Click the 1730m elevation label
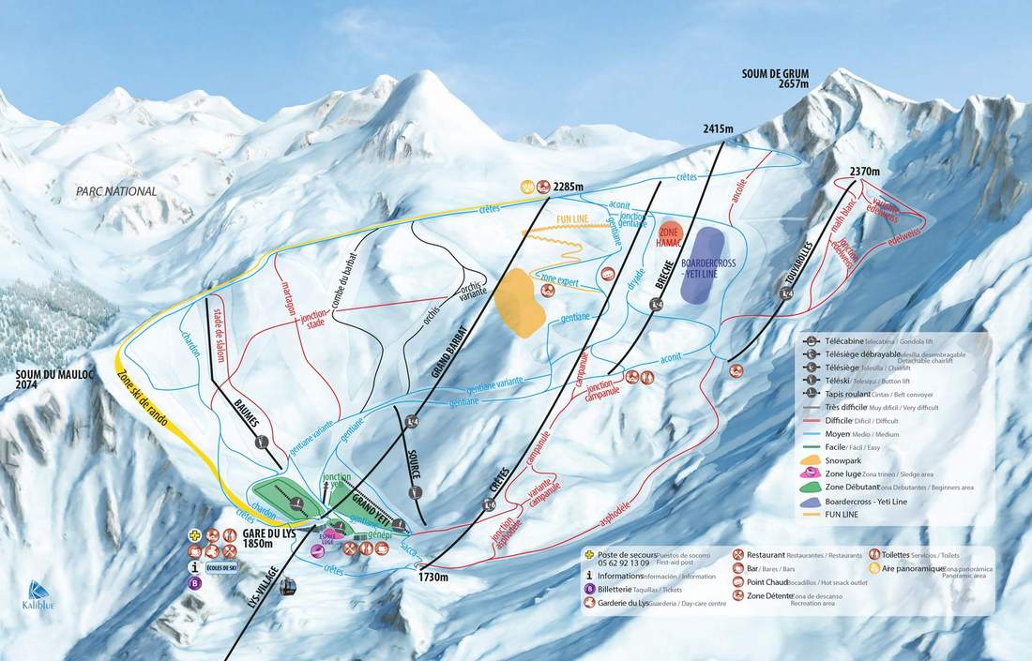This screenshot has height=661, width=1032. coord(431,578)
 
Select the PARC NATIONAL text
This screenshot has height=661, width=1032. coord(117,192)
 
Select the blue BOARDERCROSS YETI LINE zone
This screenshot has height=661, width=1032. coord(701,264)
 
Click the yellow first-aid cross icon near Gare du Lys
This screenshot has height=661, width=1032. coord(194,534)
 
